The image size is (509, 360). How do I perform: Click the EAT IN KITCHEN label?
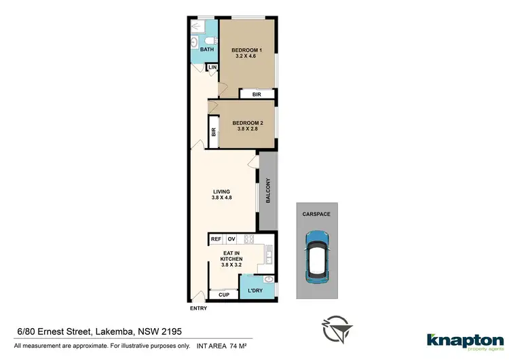[x=233, y=261]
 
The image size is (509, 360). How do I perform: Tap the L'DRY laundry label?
[x=255, y=291]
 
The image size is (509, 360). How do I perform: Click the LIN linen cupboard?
[x=212, y=68]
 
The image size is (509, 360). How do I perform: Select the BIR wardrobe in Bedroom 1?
[x=256, y=94]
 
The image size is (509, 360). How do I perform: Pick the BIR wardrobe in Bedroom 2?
[x=214, y=133]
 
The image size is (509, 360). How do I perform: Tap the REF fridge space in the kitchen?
[x=216, y=239]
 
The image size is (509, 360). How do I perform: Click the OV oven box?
[x=231, y=239]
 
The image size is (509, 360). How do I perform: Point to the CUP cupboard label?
[x=224, y=294]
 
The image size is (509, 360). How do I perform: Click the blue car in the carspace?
[x=316, y=257]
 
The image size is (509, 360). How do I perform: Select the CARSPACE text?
[x=316, y=214]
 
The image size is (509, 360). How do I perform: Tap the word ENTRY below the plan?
[x=199, y=308]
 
